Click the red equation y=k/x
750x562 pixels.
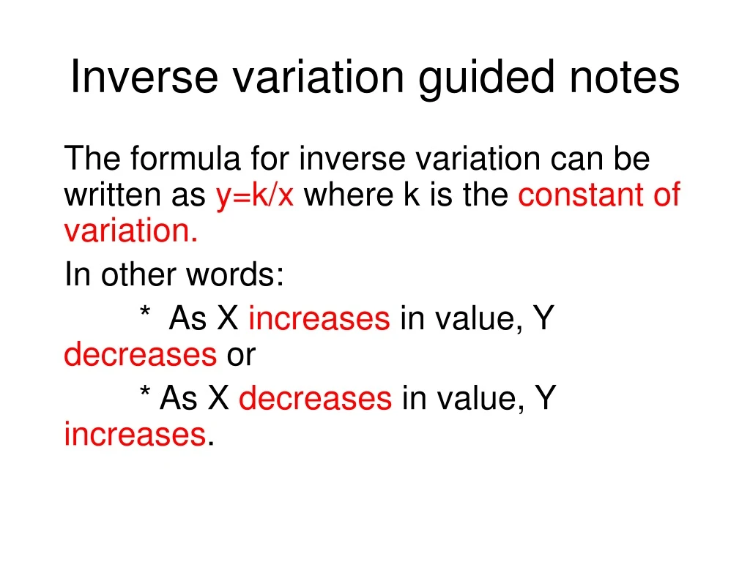[x=255, y=196]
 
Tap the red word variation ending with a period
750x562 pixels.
[x=131, y=232]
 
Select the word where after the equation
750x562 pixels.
[x=348, y=196]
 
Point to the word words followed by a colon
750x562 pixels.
[x=234, y=275]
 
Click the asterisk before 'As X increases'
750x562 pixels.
[x=145, y=315]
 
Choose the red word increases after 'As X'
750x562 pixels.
[x=319, y=319]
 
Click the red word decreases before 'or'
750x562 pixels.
[x=141, y=355]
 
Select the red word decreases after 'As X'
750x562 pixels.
[x=316, y=398]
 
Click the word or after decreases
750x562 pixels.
[x=241, y=356]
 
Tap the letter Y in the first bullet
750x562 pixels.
[x=543, y=319]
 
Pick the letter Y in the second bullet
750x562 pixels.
[x=545, y=398]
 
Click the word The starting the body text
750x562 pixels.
[x=92, y=159]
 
